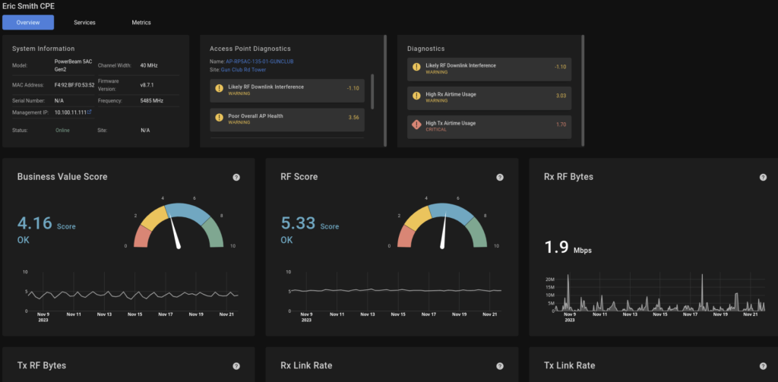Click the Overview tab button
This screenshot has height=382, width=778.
coord(28,22)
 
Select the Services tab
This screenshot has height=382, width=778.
coord(84,22)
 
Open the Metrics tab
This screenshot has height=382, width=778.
coord(141,22)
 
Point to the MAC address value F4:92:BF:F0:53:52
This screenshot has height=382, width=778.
coord(74,84)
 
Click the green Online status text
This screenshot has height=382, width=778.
coord(63,130)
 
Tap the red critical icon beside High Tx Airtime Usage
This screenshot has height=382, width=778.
coord(416,125)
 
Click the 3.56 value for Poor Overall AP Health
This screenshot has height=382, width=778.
coord(353,118)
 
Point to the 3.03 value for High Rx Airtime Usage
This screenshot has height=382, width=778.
coord(561,96)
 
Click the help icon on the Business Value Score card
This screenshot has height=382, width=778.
coord(236,177)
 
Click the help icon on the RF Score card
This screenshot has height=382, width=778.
coord(499,177)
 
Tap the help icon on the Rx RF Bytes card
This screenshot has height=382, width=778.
coord(763,177)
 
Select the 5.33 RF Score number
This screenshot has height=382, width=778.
coord(297,223)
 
